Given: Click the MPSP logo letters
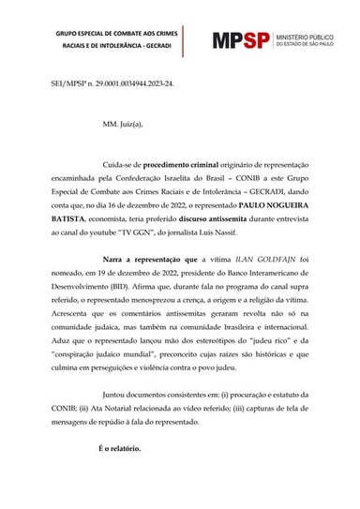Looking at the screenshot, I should pos(241,40).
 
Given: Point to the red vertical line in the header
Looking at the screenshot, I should pos(185,39).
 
